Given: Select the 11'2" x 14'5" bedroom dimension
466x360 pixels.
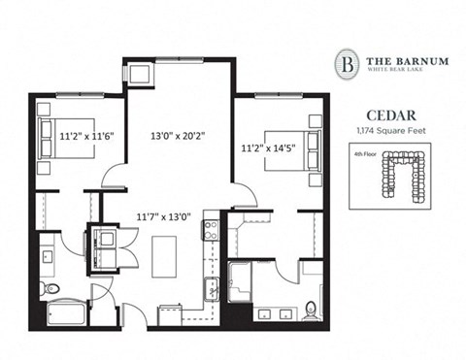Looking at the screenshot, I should (272, 148).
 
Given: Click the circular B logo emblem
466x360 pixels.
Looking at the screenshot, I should (347, 64).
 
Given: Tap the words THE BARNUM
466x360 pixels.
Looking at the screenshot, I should (407, 60).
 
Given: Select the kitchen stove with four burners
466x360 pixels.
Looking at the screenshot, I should (209, 231).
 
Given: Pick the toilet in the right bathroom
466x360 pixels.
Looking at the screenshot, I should (310, 310).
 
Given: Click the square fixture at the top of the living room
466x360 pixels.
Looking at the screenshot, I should (137, 73).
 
